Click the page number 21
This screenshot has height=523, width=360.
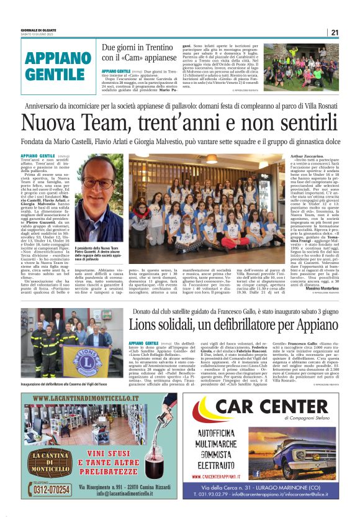coord(334,32)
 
